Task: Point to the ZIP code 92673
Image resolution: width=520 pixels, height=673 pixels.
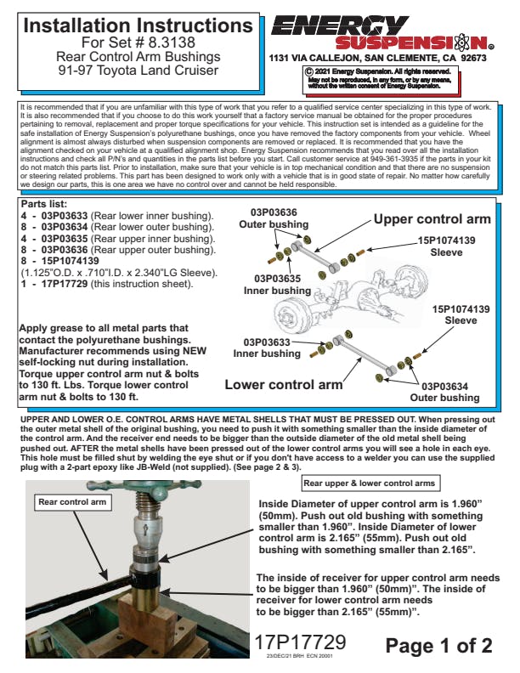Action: point(468,59)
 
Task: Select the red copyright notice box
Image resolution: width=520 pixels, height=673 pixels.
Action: point(377,81)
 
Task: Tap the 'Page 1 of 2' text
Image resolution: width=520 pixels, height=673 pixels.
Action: point(438,646)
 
